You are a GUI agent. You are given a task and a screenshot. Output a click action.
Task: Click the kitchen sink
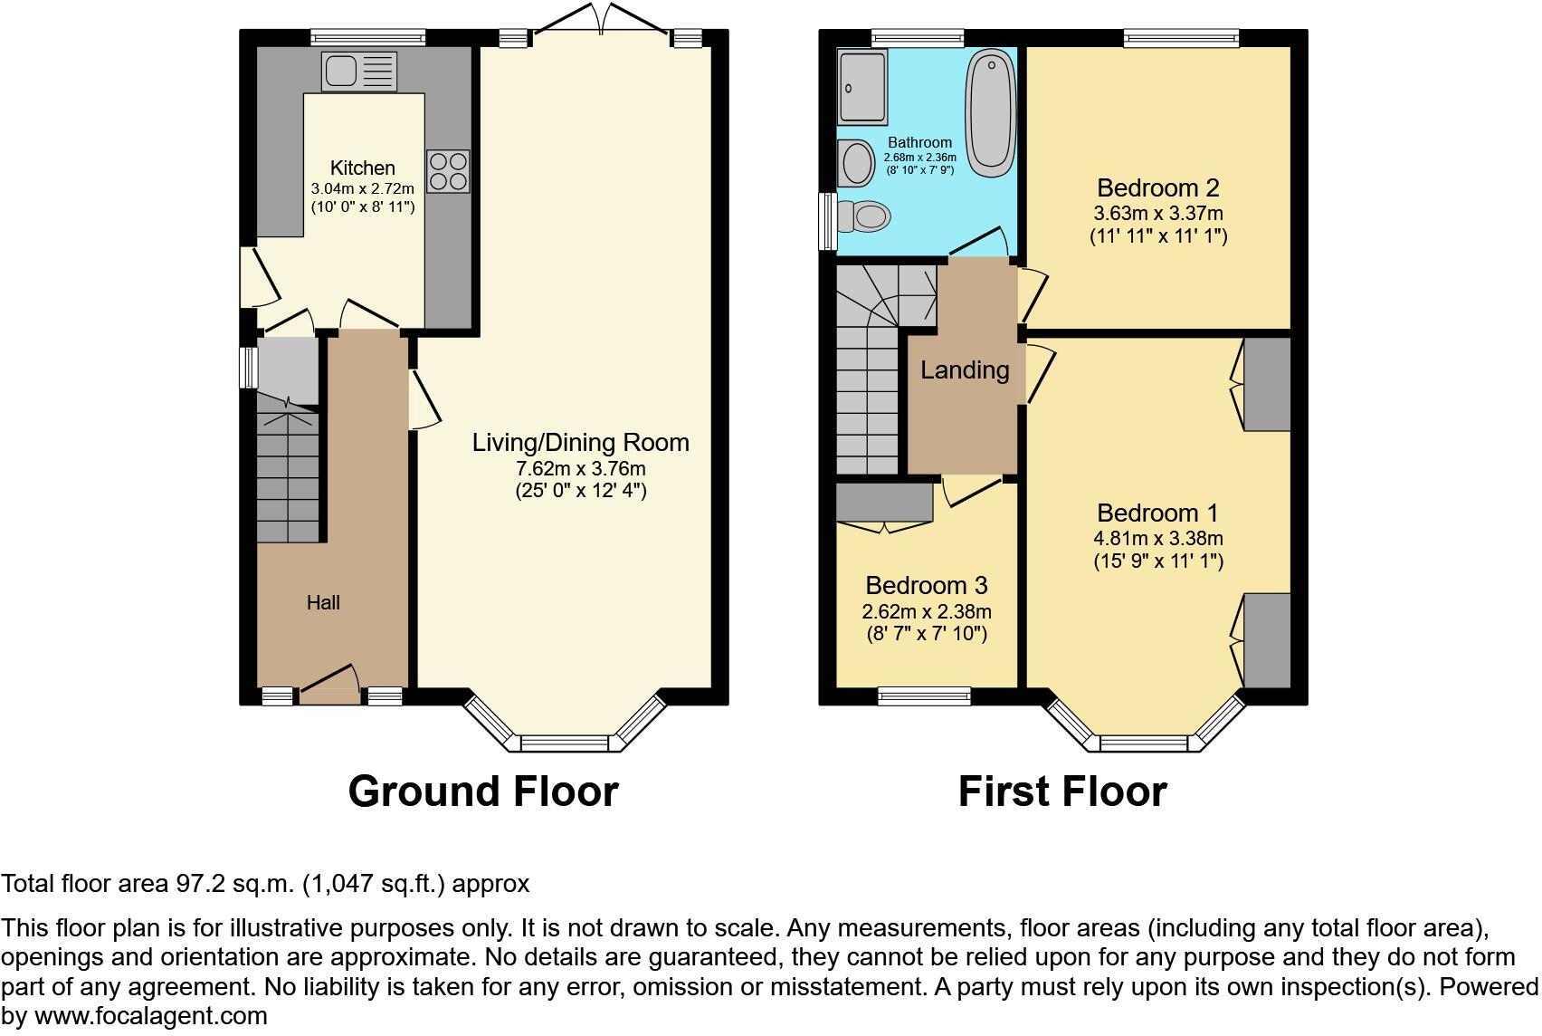(358, 71)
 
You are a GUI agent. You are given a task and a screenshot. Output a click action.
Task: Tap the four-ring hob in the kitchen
(448, 171)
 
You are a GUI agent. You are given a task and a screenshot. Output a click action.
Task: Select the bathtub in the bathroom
(991, 113)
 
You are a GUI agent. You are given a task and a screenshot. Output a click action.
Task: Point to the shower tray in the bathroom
(862, 87)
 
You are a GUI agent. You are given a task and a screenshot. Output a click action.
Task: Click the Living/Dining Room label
(580, 443)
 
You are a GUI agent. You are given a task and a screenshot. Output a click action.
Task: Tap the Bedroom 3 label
(926, 585)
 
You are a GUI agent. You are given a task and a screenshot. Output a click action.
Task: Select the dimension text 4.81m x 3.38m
(1157, 538)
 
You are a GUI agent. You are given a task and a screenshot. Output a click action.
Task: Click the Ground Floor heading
(483, 791)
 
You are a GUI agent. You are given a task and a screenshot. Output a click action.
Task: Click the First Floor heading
(1062, 791)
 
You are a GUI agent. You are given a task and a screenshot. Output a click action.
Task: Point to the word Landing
(965, 369)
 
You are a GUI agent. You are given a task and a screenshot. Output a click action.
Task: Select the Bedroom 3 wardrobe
(884, 503)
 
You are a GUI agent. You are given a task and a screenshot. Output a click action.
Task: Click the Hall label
(323, 603)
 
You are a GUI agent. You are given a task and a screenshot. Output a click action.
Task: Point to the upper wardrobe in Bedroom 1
(1267, 384)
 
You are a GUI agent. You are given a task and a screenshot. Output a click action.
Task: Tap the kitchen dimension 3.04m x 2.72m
(362, 188)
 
